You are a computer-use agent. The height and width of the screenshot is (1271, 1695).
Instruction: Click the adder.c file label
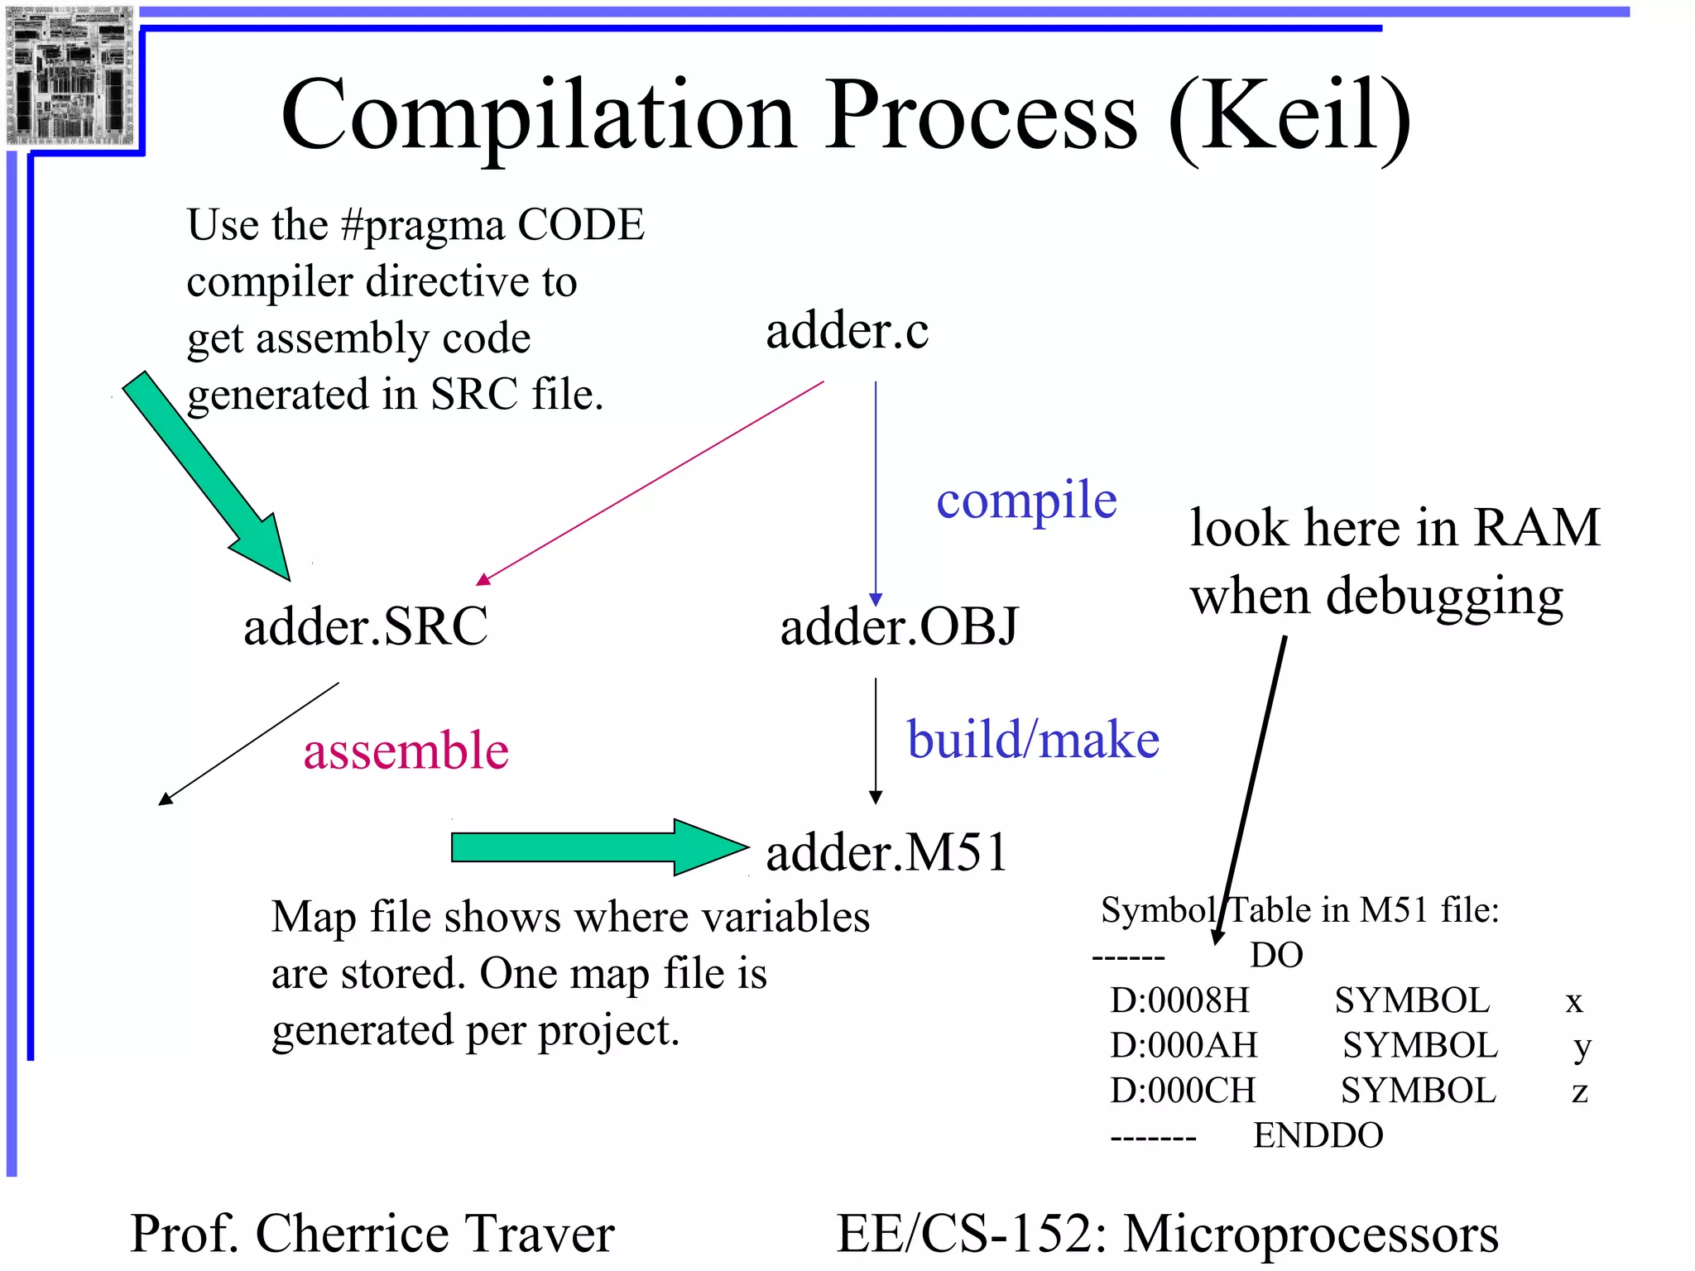[847, 332]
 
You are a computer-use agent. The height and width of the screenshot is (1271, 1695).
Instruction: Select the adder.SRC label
[365, 626]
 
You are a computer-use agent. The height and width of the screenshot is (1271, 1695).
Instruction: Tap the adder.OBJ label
[899, 626]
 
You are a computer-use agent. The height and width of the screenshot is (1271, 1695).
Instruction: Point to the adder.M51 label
[886, 852]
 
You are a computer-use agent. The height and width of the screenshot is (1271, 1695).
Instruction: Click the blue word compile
[1026, 501]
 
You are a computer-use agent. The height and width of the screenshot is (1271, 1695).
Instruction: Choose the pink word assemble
[406, 751]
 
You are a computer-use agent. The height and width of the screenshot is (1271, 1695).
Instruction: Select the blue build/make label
[1033, 739]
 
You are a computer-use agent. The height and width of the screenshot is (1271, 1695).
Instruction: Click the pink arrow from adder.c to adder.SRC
[654, 482]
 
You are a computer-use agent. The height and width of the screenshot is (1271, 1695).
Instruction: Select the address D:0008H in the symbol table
[1179, 1001]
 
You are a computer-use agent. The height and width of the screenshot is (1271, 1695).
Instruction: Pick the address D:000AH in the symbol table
[1183, 1046]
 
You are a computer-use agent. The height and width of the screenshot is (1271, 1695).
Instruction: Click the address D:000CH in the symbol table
[1182, 1091]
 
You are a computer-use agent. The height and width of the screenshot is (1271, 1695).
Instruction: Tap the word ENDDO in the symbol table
[1318, 1135]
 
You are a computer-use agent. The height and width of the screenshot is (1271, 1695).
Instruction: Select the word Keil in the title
[1291, 116]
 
